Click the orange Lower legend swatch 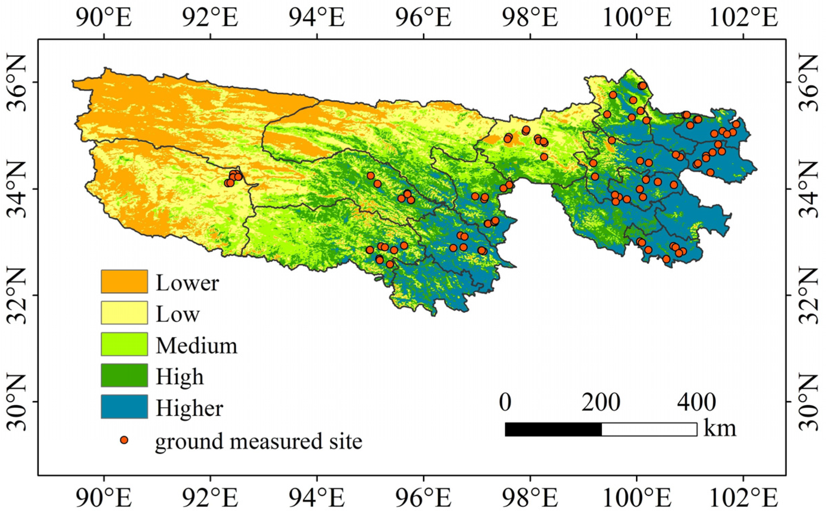(124, 281)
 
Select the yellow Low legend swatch (124, 312)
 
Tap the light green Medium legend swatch (124, 344)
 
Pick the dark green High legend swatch (124, 375)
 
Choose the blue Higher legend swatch (124, 406)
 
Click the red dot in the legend (124, 440)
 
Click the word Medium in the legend (197, 345)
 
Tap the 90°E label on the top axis (104, 18)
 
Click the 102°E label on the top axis (743, 18)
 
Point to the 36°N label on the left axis (16, 83)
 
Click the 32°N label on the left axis (16, 295)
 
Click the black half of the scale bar (553, 429)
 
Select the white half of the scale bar (649, 429)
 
